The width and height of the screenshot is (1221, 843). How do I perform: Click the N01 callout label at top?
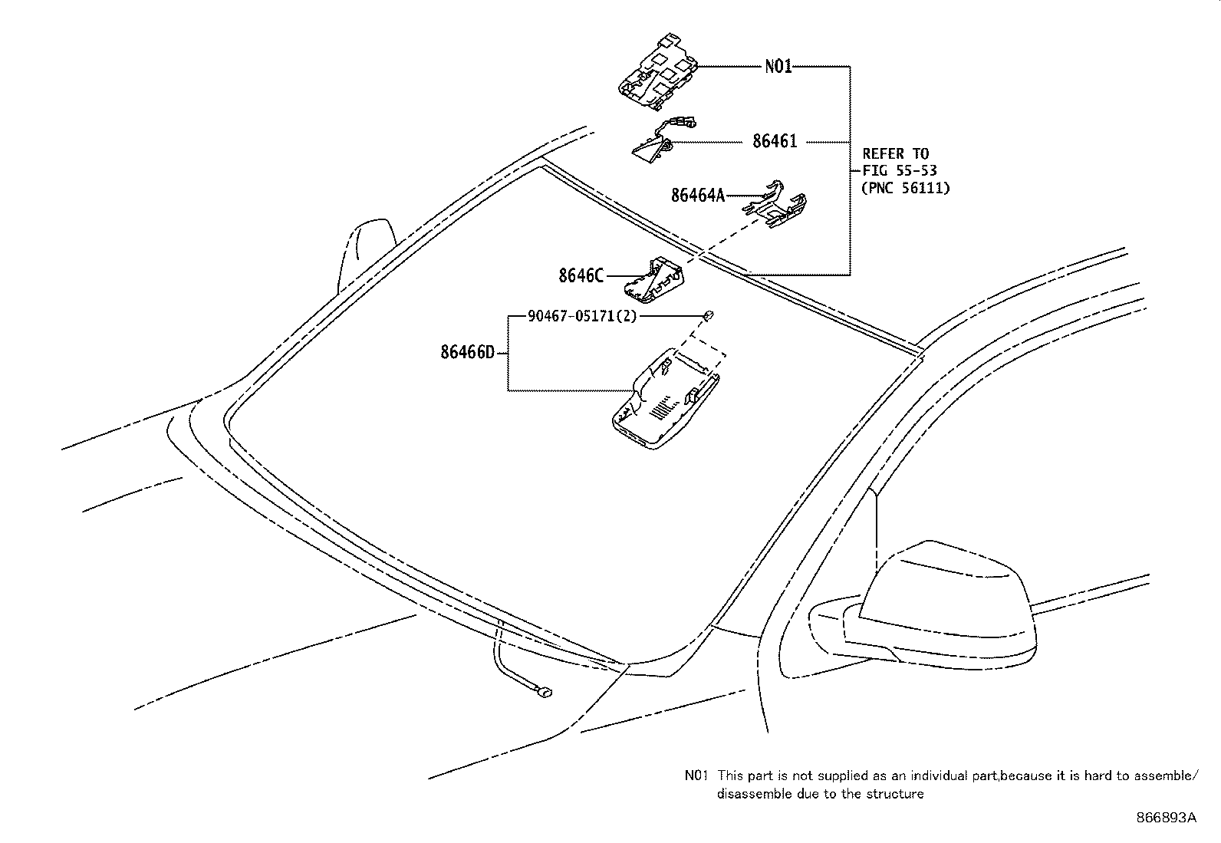(x=778, y=67)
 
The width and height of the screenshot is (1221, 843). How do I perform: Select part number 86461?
(x=774, y=141)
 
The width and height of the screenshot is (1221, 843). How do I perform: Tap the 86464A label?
(x=697, y=196)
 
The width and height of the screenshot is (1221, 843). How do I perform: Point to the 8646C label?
(x=581, y=275)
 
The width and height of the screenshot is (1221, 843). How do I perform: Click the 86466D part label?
(x=467, y=352)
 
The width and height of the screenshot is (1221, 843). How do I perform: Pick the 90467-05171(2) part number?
(x=582, y=315)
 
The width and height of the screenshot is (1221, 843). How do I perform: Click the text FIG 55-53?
(x=899, y=170)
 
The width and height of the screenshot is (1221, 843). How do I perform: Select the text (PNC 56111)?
(x=905, y=187)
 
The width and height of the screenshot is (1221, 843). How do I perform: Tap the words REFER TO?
(x=895, y=153)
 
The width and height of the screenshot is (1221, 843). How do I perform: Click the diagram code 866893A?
(x=1166, y=818)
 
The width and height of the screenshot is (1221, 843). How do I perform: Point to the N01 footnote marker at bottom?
(x=696, y=775)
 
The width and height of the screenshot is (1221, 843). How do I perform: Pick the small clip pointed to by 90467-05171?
(x=709, y=314)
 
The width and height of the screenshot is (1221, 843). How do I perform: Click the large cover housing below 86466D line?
(x=663, y=399)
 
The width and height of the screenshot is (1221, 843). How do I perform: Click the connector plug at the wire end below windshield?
(x=544, y=692)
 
